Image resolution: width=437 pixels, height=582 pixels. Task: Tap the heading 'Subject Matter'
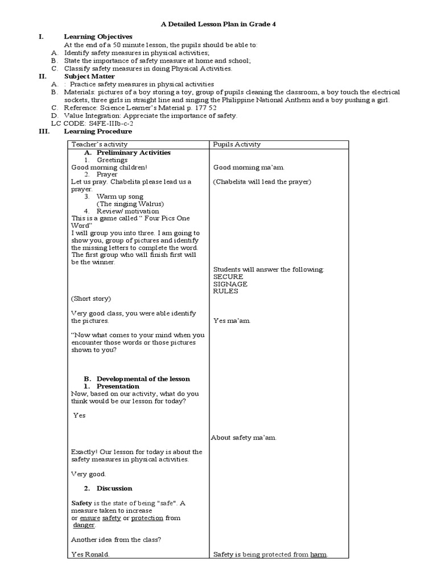point(89,76)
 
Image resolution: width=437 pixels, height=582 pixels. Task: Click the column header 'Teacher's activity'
point(100,144)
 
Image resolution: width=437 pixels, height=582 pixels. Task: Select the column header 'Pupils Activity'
point(237,144)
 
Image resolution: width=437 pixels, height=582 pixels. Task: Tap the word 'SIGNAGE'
point(230,284)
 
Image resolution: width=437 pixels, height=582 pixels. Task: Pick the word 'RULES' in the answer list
point(225,291)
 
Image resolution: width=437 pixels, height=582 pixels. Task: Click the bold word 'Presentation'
point(118,386)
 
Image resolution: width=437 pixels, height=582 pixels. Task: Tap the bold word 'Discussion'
point(114,488)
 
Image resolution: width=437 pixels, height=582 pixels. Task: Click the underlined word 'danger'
point(84,526)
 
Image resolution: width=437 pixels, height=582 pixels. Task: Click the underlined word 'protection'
point(147,518)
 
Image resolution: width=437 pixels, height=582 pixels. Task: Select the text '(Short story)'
point(91,298)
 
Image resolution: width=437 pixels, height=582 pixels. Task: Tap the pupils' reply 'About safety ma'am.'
point(244,438)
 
